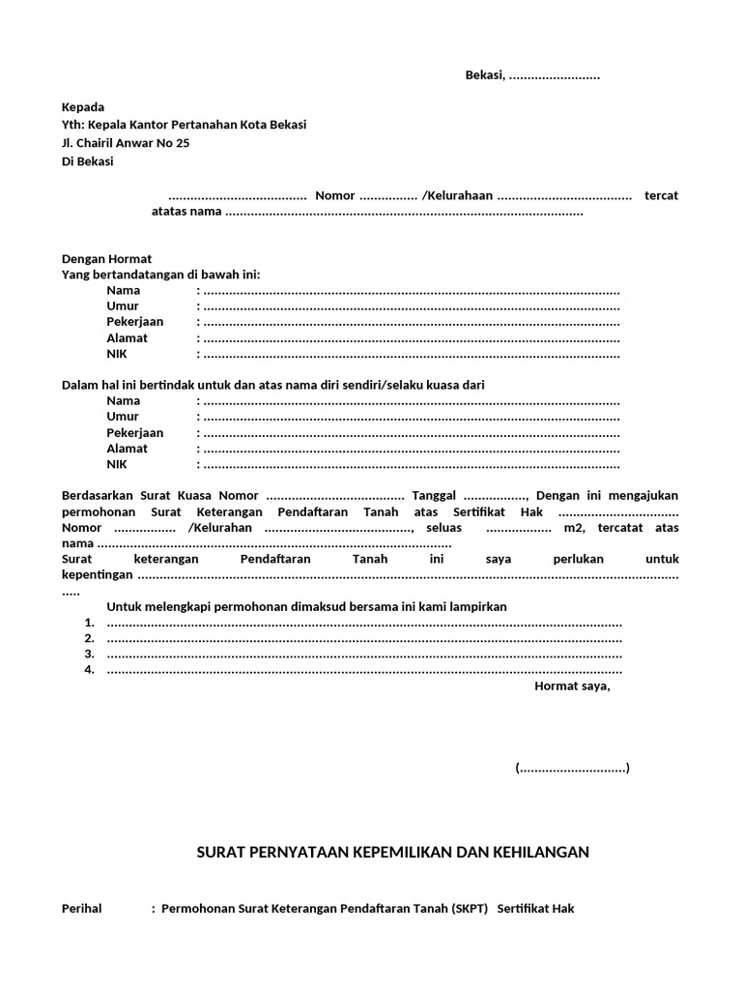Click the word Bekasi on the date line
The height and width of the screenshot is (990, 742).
484,76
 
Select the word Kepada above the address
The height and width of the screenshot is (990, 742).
83,107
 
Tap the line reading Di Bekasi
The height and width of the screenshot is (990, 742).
87,161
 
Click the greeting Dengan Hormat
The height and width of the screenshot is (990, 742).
106,259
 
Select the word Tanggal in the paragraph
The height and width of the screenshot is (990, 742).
433,495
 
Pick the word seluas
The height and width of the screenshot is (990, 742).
443,528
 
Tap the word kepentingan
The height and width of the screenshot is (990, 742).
97,575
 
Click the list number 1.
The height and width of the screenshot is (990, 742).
89,623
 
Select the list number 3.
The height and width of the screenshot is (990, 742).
89,655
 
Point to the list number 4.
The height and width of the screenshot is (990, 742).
89,670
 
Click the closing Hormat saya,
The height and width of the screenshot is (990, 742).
572,686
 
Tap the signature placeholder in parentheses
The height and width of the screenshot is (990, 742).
572,769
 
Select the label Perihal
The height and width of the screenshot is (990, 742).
82,909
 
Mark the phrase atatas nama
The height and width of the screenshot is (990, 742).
186,212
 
